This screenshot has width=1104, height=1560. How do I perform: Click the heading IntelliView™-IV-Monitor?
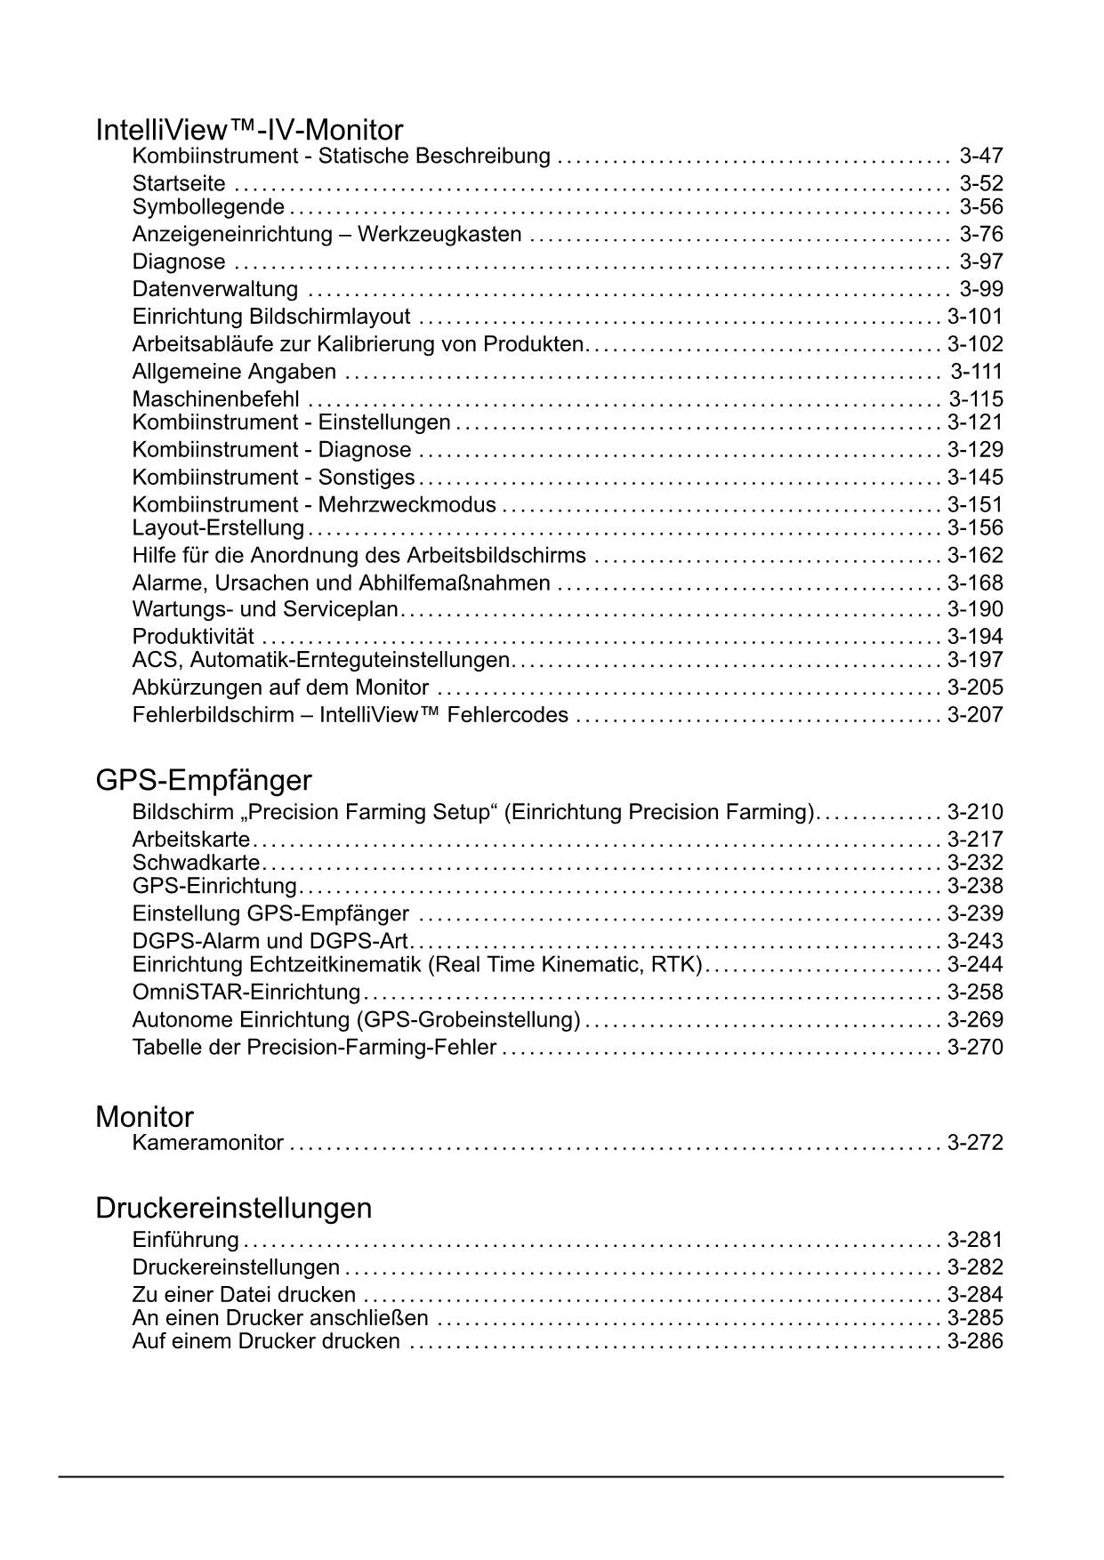[x=249, y=131]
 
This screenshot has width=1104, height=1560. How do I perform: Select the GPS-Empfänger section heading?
[x=204, y=780]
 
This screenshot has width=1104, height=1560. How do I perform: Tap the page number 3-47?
[x=981, y=157]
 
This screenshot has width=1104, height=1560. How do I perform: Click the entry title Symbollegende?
[x=208, y=207]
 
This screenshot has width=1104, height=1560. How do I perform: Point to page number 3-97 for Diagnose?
[x=981, y=262]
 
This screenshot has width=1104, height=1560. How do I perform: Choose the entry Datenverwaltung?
[x=215, y=289]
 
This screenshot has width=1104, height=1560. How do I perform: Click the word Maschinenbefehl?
[x=216, y=399]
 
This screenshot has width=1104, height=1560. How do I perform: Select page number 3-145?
[x=975, y=478]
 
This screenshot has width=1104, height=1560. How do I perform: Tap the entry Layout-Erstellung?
[x=218, y=528]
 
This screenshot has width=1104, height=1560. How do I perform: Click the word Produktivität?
[x=193, y=637]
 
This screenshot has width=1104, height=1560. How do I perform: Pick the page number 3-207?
[x=975, y=715]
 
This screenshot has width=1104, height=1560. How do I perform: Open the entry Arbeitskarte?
[x=191, y=840]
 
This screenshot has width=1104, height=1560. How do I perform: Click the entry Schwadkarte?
[x=196, y=863]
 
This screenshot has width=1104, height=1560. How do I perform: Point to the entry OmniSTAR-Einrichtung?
[x=246, y=993]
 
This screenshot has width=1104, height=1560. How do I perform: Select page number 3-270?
[x=975, y=1048]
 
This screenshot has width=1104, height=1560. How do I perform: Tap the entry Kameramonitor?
[x=208, y=1143]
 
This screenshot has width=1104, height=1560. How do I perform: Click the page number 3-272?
[x=975, y=1143]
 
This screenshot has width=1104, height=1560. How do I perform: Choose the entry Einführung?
[x=185, y=1240]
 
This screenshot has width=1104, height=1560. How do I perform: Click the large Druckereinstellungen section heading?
[x=234, y=1208]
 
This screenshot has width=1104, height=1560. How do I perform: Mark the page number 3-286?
[x=975, y=1341]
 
